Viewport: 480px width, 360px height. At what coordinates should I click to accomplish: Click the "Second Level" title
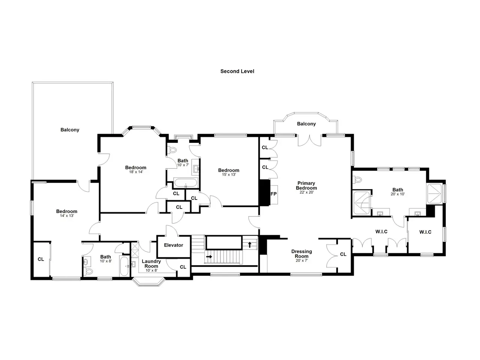(x=237, y=71)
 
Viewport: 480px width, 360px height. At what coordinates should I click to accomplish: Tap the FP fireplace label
(x=273, y=194)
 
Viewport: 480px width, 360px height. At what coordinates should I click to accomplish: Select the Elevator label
(x=173, y=245)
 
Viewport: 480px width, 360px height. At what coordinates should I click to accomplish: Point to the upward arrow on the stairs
(x=250, y=244)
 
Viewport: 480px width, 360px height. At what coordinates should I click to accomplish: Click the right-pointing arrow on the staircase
(x=209, y=256)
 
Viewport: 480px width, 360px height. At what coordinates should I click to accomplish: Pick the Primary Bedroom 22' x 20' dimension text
(x=307, y=192)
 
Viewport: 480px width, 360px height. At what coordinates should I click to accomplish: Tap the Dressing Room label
(x=301, y=254)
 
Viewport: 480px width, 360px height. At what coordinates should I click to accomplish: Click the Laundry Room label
(x=151, y=264)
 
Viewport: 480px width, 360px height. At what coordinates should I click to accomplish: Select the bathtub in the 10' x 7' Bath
(x=186, y=183)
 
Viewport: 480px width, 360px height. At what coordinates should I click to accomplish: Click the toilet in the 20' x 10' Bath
(x=357, y=180)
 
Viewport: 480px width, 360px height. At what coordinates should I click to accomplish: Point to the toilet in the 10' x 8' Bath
(x=88, y=271)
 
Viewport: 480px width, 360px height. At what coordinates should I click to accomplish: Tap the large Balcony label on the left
(x=70, y=130)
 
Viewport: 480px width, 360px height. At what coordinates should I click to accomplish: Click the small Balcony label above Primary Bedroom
(x=306, y=124)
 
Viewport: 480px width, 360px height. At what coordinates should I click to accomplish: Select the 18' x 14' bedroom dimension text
(x=136, y=172)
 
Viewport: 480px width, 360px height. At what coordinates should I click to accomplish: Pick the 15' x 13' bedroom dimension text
(x=229, y=174)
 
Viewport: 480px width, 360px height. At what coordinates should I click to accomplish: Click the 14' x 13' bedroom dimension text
(x=67, y=216)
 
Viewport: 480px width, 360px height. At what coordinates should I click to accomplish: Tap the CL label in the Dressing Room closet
(x=343, y=254)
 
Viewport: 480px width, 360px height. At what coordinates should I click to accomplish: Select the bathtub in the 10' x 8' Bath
(x=124, y=266)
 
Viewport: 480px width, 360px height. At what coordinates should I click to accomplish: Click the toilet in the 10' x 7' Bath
(x=172, y=150)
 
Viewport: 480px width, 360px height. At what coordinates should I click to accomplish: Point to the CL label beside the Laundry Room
(x=183, y=267)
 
